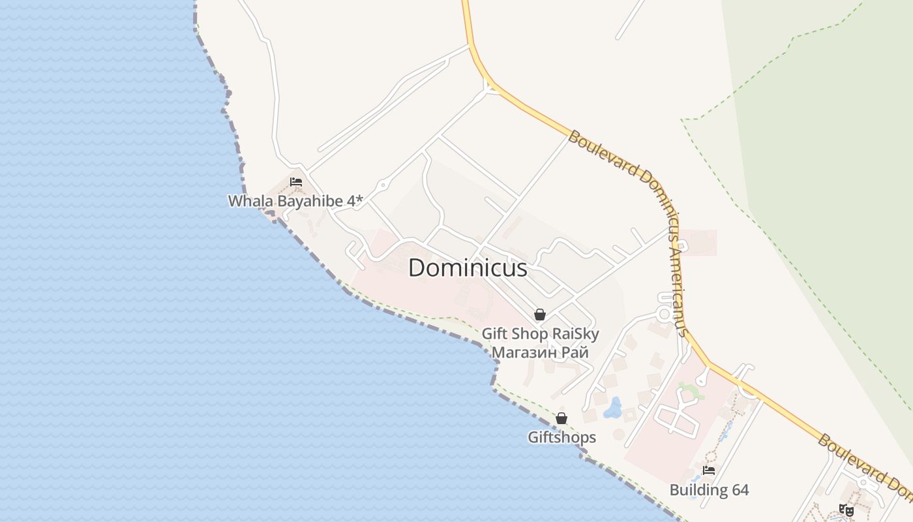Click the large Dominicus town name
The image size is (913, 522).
point(468,268)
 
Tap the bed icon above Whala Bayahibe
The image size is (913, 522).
point(296,182)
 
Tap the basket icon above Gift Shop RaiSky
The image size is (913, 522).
point(540,315)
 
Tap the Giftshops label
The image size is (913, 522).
point(561,437)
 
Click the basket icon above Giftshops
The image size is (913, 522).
point(561,418)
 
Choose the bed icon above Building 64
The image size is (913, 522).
point(709,470)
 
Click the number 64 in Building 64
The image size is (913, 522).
point(738,490)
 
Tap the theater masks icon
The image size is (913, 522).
point(846,510)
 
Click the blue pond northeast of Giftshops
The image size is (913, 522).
point(612,408)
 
